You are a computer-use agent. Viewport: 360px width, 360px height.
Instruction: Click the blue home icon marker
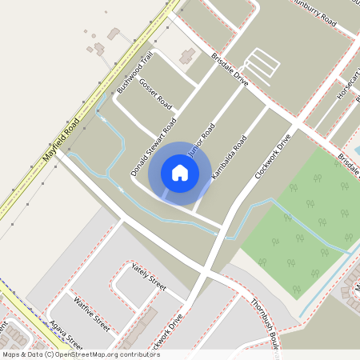point(180,173)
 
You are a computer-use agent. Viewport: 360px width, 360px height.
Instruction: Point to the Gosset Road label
point(155,92)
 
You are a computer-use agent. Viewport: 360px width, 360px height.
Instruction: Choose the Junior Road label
point(201,140)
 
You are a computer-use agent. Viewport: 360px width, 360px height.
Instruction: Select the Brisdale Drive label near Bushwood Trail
point(230,70)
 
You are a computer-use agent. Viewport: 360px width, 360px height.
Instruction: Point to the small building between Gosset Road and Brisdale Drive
point(189,57)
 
